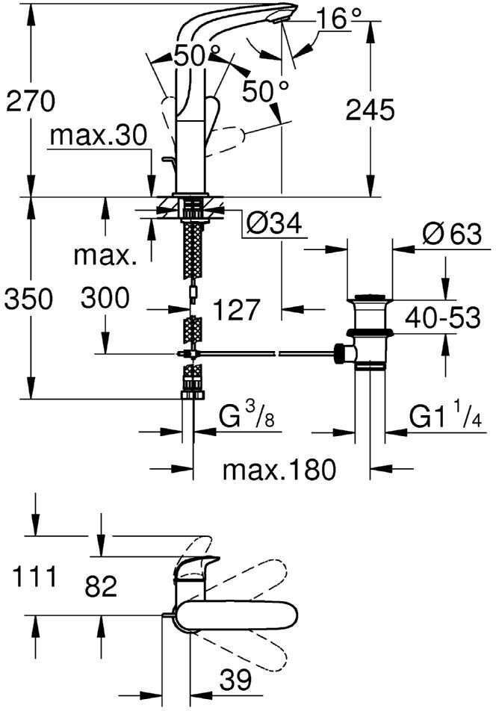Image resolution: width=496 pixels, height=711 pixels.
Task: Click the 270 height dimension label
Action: pos(31,102)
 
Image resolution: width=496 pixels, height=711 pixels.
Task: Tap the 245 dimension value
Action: pos(369,111)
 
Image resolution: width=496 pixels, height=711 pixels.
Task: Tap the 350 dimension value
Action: pos(28,299)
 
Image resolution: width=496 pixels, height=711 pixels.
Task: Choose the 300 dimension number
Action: pos(105,299)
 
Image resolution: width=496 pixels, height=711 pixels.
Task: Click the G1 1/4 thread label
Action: pos(447,417)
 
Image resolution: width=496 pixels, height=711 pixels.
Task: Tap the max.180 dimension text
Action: pos(280,470)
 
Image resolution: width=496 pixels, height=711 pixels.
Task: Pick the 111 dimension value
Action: pos(33,577)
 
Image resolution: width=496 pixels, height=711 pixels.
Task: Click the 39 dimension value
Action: pos(237,680)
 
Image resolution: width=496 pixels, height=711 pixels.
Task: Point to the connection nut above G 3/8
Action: pos(192,392)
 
